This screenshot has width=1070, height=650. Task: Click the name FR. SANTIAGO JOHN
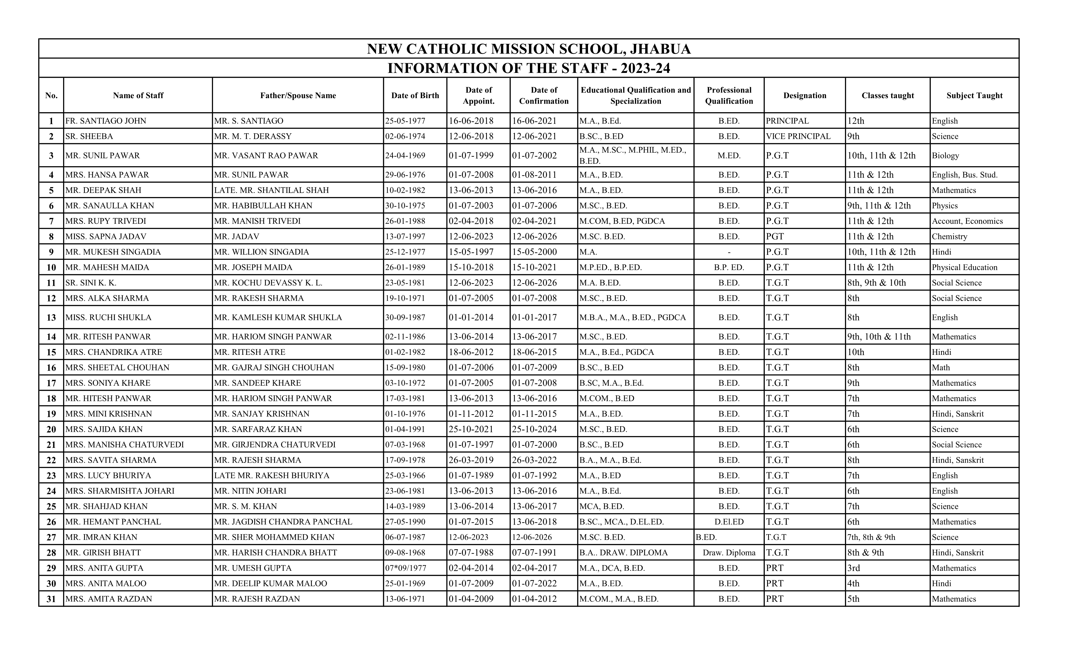[x=105, y=121]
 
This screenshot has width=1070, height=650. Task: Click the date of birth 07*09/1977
[x=405, y=568]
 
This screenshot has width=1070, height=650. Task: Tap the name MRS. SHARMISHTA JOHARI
[x=120, y=491]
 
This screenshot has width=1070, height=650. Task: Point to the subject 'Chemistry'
[x=949, y=236]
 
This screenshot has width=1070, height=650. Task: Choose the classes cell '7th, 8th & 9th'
[x=871, y=537]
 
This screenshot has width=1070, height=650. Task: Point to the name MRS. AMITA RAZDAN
[x=109, y=599]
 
